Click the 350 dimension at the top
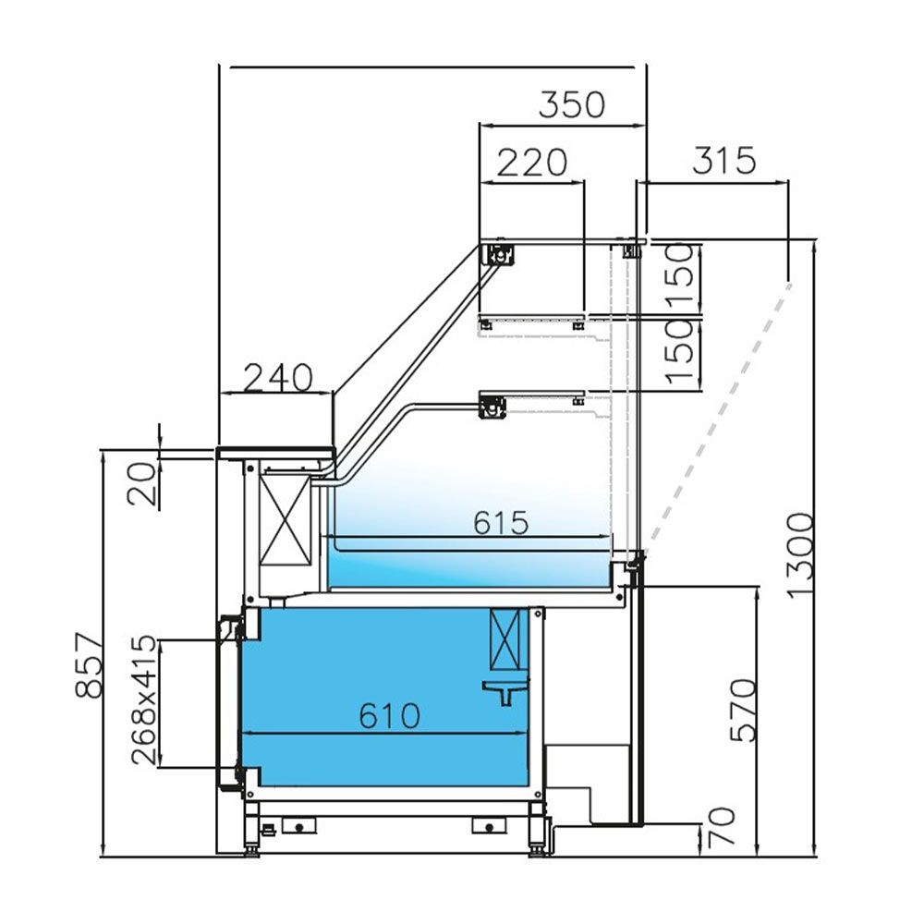tap(572, 105)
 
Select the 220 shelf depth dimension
tap(531, 163)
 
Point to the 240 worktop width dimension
tap(277, 377)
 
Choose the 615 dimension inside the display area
tap(501, 523)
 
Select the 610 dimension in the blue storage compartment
tap(389, 714)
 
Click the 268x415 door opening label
tap(144, 700)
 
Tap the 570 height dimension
tap(743, 710)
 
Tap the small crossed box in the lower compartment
tap(505, 640)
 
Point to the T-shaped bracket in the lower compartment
tap(506, 689)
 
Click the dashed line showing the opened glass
tap(721, 416)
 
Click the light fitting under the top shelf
tap(500, 254)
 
